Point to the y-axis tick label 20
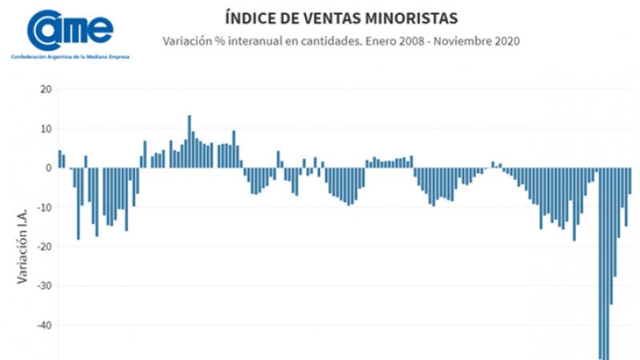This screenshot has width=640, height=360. pos(46,90)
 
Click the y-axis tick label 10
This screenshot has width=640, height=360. pos(46,129)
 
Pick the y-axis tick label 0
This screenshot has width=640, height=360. pos(49,168)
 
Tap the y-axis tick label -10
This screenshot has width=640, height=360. pos(44,207)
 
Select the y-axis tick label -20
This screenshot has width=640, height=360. pos(44,246)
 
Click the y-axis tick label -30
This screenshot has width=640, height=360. pos(44,286)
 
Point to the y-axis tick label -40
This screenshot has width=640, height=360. pos(44,325)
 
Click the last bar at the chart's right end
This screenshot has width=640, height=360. pos(630,181)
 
